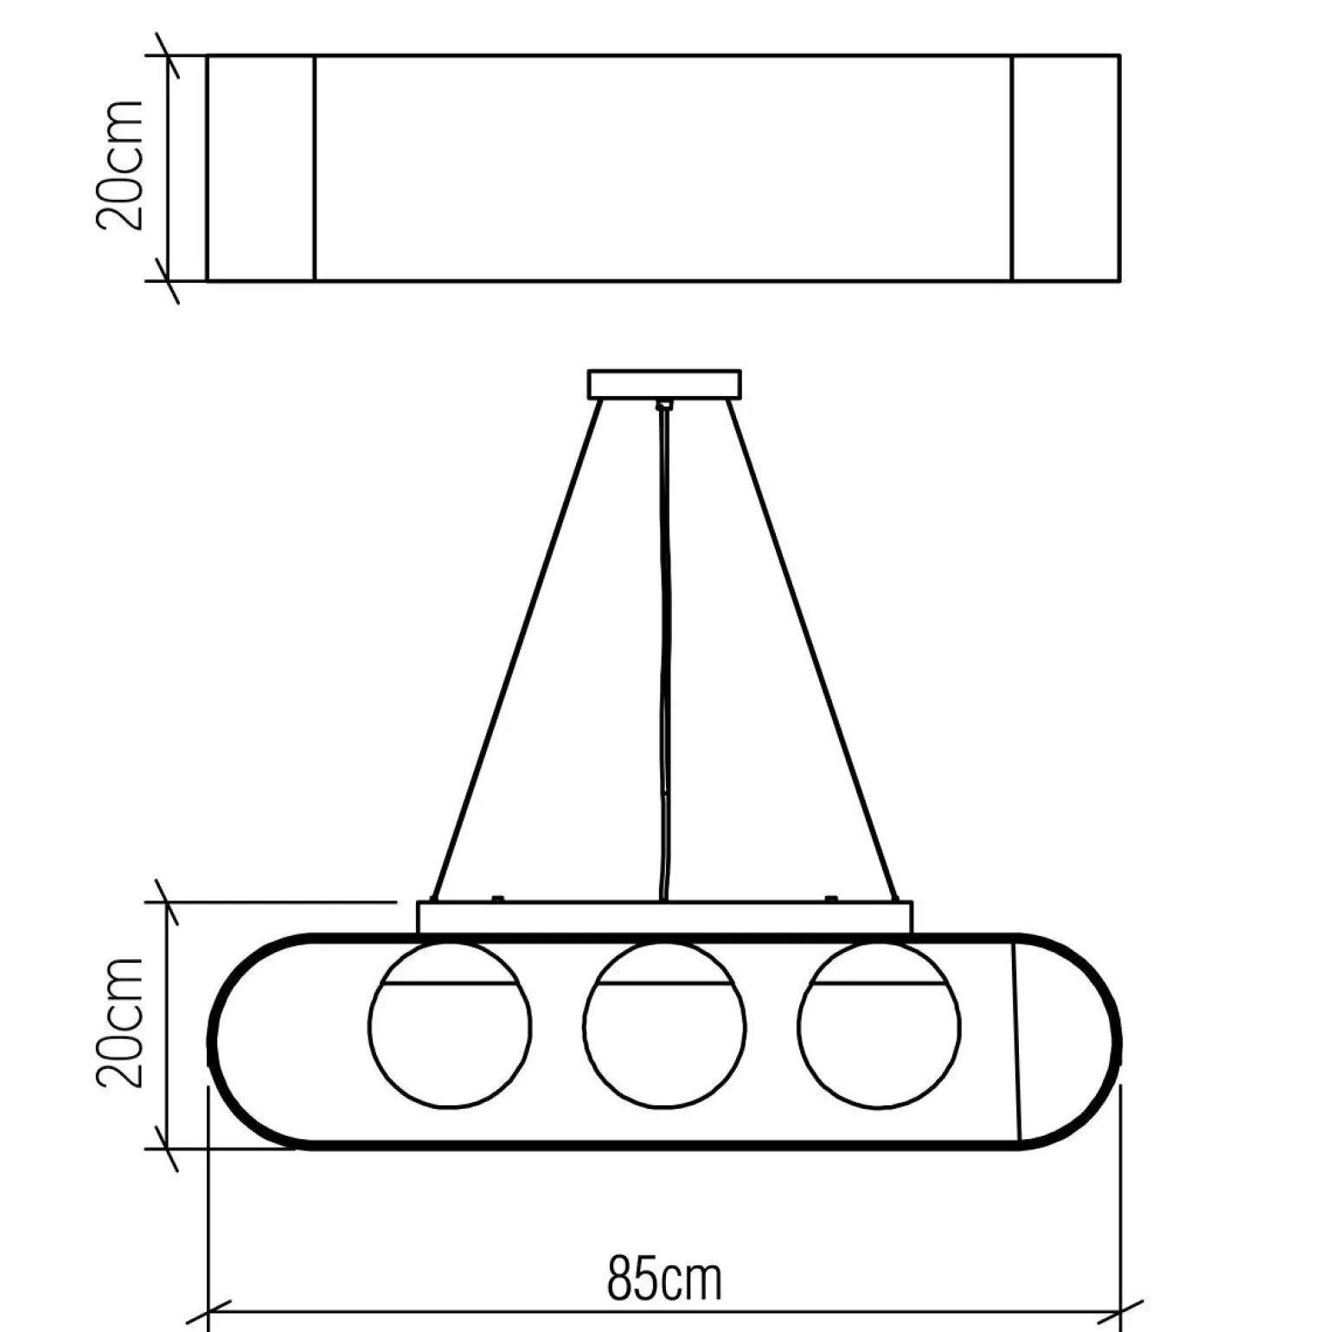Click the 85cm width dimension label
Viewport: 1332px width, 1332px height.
pyautogui.click(x=663, y=1280)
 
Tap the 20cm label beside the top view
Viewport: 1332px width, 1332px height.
pyautogui.click(x=118, y=165)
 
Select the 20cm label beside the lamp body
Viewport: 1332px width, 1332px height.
pyautogui.click(x=118, y=1022)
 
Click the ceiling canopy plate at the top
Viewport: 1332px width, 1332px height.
pyautogui.click(x=664, y=384)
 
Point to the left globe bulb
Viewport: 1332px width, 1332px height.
pyautogui.click(x=450, y=1026)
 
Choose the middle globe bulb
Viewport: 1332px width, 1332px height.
pyautogui.click(x=664, y=1026)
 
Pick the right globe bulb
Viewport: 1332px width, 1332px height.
pyautogui.click(x=879, y=1026)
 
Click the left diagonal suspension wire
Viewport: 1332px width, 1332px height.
pyautogui.click(x=517, y=650)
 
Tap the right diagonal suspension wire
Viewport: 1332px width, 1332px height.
pyautogui.click(x=811, y=650)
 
